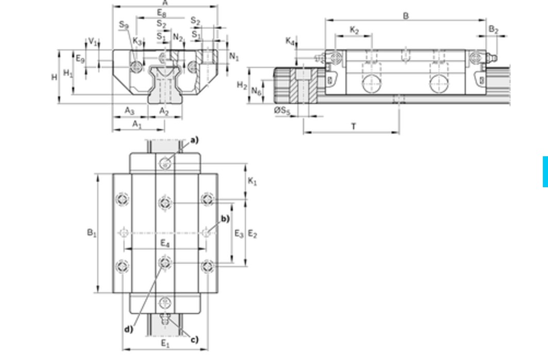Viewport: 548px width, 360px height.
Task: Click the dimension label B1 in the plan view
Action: coord(92,233)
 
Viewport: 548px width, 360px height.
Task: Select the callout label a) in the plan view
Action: coord(194,140)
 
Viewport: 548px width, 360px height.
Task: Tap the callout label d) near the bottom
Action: coord(128,329)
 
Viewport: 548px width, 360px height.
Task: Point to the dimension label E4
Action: coord(164,243)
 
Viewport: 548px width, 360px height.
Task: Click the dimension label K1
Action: coord(252,182)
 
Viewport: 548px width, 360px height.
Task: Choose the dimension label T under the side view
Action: coord(354,126)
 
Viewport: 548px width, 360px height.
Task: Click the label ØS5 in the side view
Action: coord(282,110)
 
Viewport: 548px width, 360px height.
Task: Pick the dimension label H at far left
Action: coord(54,77)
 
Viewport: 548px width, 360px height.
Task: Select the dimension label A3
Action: coord(129,110)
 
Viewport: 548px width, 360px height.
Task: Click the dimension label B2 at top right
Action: coord(493,30)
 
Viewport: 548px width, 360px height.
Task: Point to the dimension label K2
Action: coord(354,30)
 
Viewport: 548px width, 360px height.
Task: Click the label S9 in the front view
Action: coord(124,24)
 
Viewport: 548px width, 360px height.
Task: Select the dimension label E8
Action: coord(162,12)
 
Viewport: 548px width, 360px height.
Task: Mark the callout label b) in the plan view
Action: coord(225,219)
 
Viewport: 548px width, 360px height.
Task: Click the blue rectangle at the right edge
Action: coord(545,172)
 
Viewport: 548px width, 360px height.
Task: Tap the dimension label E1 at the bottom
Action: coord(165,343)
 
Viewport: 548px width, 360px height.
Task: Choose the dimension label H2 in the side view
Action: coord(242,85)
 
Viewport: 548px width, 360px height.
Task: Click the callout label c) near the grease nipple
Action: coord(194,339)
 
